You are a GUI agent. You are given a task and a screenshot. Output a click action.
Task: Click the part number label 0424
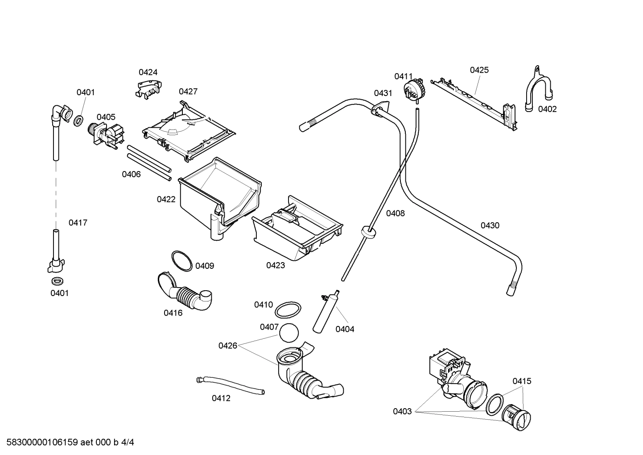148,72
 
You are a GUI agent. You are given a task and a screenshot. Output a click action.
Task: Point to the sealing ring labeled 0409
182,261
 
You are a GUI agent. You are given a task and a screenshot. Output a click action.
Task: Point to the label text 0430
490,225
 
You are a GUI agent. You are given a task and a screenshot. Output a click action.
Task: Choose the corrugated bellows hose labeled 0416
185,292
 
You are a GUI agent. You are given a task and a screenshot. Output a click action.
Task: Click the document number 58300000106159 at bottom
41,442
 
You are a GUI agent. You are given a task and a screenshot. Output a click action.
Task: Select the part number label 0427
188,92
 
